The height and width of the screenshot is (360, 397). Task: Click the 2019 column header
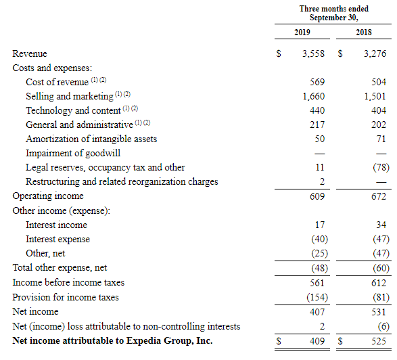[302, 32]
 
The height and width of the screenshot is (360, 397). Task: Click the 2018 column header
[364, 32]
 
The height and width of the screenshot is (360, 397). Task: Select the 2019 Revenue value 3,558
[313, 53]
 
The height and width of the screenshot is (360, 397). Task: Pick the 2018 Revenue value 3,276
[375, 53]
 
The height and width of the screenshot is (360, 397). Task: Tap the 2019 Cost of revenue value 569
[317, 82]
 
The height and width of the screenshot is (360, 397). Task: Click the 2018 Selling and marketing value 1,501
[375, 96]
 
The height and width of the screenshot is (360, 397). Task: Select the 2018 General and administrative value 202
[379, 125]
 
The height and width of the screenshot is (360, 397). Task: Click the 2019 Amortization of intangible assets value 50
[320, 139]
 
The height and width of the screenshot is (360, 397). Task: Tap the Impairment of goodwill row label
[73, 153]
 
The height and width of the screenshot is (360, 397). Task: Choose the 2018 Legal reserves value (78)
[381, 167]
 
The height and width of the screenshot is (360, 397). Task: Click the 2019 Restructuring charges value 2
[322, 181]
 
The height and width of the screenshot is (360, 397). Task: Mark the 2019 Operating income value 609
[317, 196]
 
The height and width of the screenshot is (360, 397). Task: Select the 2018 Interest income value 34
[381, 225]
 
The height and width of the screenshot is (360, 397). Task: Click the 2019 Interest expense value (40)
[319, 239]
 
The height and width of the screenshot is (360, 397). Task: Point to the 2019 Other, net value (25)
[319, 253]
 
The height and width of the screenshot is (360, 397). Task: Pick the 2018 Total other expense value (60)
[381, 268]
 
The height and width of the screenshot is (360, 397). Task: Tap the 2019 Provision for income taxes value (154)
[317, 297]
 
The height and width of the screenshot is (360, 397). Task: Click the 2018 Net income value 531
[379, 312]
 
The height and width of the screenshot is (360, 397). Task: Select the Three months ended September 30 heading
[333, 13]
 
